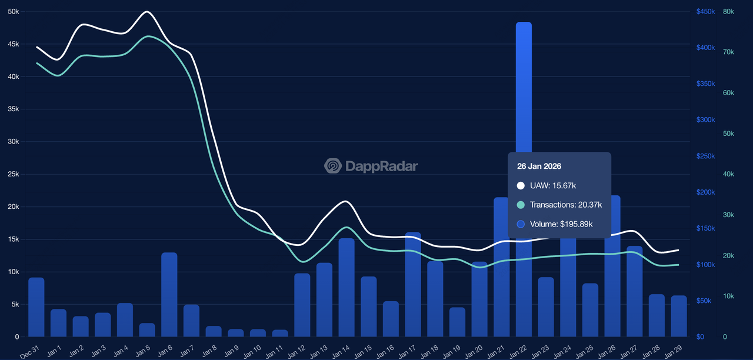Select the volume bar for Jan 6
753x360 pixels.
(169, 294)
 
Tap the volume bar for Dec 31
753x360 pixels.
(36, 306)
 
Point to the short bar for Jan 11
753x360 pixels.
(280, 333)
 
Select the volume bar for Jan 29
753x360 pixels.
(679, 316)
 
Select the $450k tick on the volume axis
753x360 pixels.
(705, 12)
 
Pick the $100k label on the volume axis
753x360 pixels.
(705, 265)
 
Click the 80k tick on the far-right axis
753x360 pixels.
(728, 12)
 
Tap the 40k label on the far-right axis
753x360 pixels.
(728, 174)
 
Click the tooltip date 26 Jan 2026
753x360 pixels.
(539, 166)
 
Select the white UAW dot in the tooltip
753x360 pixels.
(521, 186)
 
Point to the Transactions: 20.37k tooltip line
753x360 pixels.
(565, 205)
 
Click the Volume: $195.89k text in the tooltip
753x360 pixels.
(561, 224)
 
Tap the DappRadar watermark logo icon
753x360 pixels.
(333, 166)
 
